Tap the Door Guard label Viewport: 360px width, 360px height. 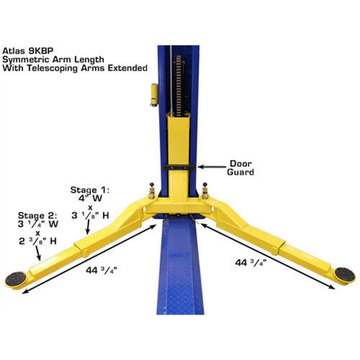pyautogui.click(x=240, y=168)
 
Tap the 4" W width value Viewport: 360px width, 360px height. pyautogui.click(x=90, y=198)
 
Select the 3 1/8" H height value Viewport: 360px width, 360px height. pyautogui.click(x=90, y=215)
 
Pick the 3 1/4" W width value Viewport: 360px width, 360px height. pyautogui.click(x=38, y=224)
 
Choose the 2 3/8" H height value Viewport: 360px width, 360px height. pyautogui.click(x=38, y=241)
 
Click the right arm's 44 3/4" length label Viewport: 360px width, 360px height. pyautogui.click(x=251, y=263)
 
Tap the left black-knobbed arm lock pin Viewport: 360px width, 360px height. pyautogui.click(x=152, y=191)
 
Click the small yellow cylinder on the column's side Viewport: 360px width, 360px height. pyautogui.click(x=154, y=94)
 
